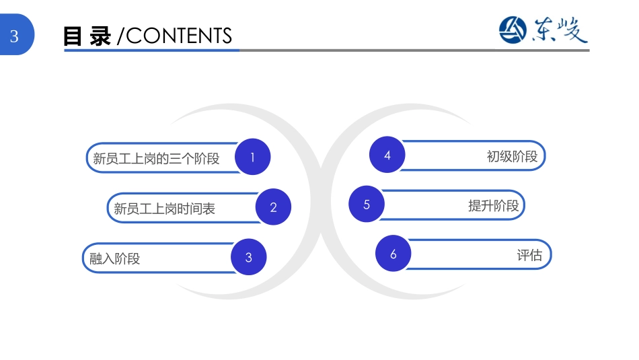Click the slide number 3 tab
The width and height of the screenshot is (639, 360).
click(x=16, y=35)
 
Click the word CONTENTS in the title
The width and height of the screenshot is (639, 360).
click(x=179, y=36)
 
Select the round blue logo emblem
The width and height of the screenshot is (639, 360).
click(x=513, y=30)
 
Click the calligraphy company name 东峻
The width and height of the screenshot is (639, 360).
click(x=560, y=30)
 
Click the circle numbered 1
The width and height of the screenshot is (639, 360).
click(x=253, y=157)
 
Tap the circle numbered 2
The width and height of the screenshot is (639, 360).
click(x=274, y=207)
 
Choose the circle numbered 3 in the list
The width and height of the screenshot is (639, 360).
click(x=249, y=257)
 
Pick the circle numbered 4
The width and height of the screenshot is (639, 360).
click(x=387, y=155)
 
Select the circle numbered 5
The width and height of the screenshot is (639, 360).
click(x=367, y=204)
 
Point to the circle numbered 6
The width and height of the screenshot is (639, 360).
click(x=393, y=254)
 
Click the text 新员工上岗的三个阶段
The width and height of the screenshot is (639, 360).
click(x=156, y=158)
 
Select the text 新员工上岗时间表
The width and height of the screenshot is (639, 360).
click(x=164, y=209)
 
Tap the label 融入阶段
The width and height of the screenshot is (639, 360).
click(x=114, y=258)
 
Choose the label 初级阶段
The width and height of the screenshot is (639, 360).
click(x=513, y=156)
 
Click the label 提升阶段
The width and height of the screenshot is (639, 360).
click(x=494, y=206)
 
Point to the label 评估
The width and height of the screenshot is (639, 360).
click(x=529, y=255)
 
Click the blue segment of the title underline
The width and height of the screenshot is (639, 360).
click(x=151, y=50)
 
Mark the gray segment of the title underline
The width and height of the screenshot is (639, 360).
click(x=414, y=50)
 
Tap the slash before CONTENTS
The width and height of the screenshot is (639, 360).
click(x=120, y=36)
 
